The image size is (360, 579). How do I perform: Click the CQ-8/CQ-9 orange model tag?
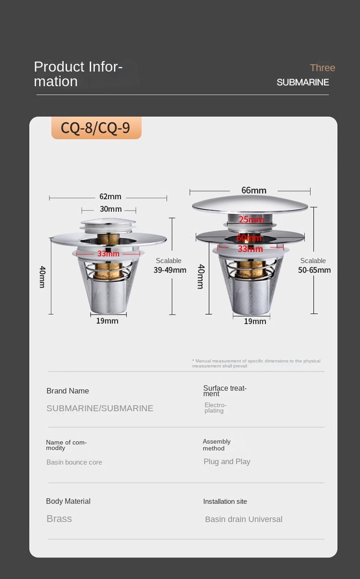click(97, 128)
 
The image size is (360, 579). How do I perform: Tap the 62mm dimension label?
click(110, 196)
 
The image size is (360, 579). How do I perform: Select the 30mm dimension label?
click(111, 209)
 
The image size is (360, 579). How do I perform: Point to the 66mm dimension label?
click(254, 191)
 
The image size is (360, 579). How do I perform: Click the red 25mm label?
click(251, 220)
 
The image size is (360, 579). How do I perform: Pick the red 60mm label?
click(249, 238)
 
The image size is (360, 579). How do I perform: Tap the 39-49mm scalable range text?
click(170, 270)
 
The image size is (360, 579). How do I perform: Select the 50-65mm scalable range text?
click(314, 270)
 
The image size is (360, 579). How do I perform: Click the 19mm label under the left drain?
click(107, 321)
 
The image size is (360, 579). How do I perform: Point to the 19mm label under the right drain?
click(255, 321)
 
